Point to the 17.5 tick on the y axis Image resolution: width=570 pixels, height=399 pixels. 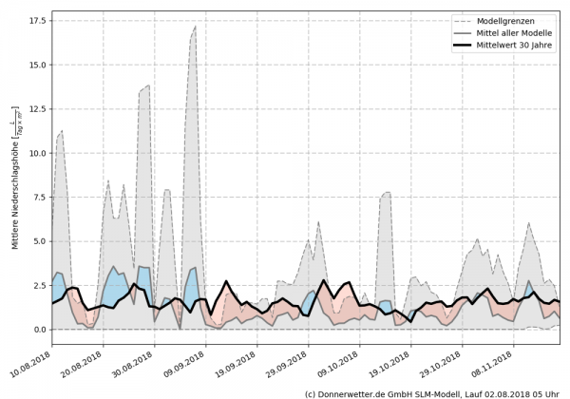click(x=38, y=19)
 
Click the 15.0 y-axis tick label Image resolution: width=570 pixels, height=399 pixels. click(x=38, y=64)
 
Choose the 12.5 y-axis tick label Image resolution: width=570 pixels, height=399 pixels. click(x=38, y=108)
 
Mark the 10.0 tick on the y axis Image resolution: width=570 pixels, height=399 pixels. click(x=38, y=152)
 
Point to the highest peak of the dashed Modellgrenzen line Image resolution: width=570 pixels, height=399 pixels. click(x=195, y=27)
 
